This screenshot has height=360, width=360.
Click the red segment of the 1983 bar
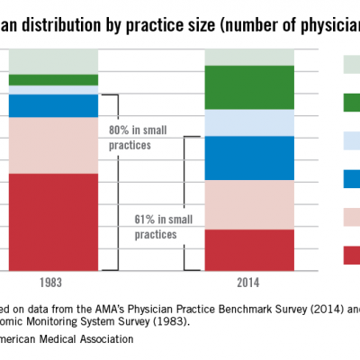pyautogui.click(x=53, y=221)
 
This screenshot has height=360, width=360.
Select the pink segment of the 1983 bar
pyautogui.click(x=53, y=145)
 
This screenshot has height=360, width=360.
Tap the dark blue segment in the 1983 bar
pyautogui.click(x=53, y=105)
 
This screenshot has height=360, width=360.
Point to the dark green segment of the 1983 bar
pyautogui.click(x=53, y=80)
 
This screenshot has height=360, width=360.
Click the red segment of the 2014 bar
pyautogui.click(x=249, y=249)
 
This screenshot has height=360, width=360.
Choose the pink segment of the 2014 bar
pyautogui.click(x=249, y=204)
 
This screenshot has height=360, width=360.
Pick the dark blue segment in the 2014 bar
pyautogui.click(x=249, y=158)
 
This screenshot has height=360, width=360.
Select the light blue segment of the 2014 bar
pyautogui.click(x=249, y=122)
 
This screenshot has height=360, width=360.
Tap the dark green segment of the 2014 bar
pyautogui.click(x=249, y=87)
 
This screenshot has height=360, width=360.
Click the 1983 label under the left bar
pyautogui.click(x=51, y=283)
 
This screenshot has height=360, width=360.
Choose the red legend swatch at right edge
pyautogui.click(x=351, y=256)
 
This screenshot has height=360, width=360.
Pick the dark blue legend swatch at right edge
pyautogui.click(x=351, y=179)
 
